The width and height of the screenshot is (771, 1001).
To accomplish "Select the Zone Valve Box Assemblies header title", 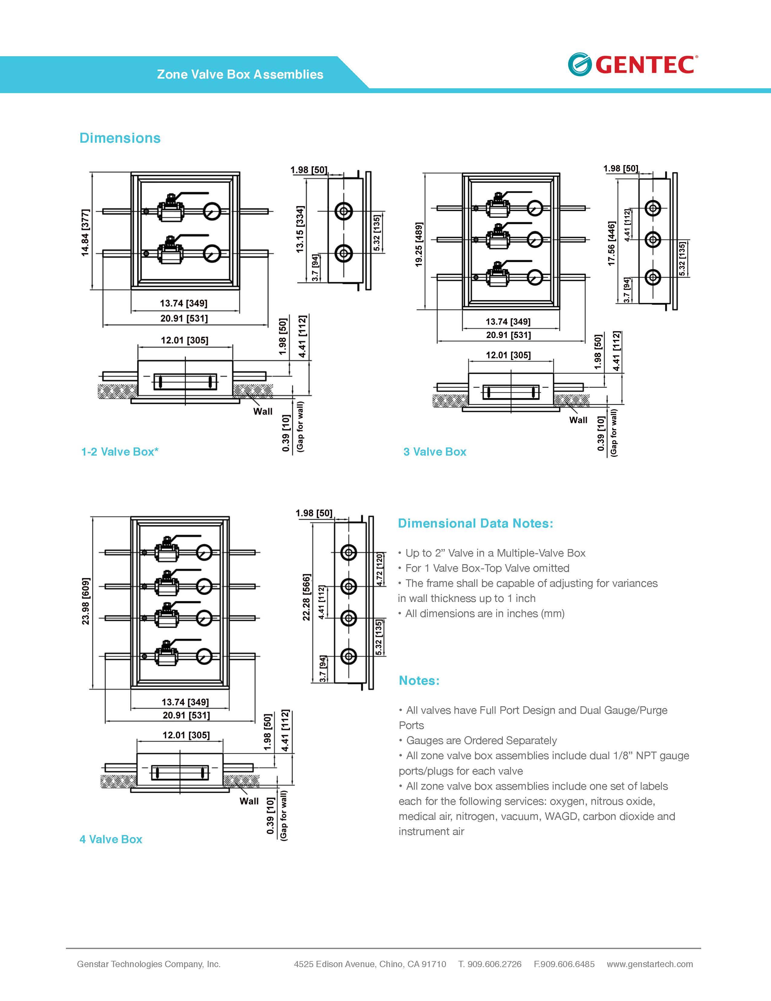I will [240, 75].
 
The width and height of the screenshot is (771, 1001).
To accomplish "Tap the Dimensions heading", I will [120, 138].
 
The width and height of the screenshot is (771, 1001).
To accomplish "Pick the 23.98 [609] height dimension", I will [86, 601].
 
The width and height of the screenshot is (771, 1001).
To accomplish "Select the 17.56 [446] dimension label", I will [611, 243].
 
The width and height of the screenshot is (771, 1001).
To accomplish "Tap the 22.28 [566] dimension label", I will [307, 597].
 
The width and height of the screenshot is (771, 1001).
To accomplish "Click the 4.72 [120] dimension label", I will [379, 569].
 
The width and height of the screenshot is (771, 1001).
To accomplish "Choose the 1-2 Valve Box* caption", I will [120, 452].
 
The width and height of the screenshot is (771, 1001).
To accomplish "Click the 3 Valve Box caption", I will [434, 452].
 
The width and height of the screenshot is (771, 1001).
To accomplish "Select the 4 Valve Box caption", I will [111, 839].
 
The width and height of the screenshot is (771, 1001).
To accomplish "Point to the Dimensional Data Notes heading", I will [475, 523].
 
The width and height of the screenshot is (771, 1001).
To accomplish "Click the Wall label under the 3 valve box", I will [578, 420].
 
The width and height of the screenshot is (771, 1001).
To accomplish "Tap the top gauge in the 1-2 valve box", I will [212, 211].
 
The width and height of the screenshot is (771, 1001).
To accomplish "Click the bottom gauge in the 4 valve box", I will [204, 657].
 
